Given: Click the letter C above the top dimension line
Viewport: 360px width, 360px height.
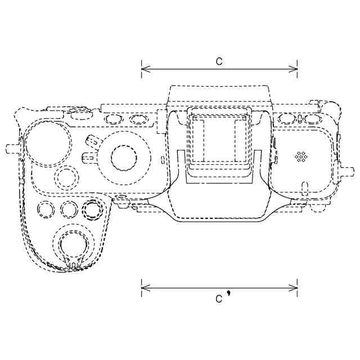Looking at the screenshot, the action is click(x=219, y=61).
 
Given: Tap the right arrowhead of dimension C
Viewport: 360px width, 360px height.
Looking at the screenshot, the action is click(x=293, y=69).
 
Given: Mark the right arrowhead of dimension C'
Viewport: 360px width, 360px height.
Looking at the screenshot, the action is click(x=293, y=287).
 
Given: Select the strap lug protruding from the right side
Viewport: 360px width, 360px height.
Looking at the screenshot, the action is click(x=346, y=171).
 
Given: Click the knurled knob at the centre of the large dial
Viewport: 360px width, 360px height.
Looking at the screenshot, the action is click(x=124, y=157).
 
